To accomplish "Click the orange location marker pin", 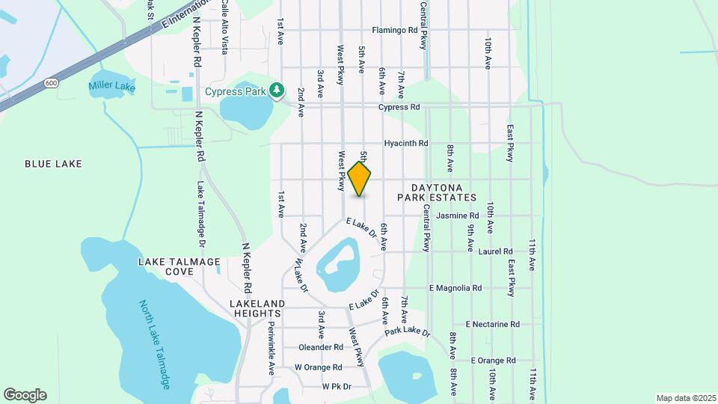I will coord(360,178).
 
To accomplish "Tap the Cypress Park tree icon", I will coord(277,90).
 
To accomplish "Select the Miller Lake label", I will coord(111,87).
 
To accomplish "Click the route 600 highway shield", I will coord(50,82).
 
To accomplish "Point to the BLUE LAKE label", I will coord(53,163).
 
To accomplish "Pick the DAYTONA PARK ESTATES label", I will coord(444,192).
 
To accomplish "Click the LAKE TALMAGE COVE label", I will coord(179,266).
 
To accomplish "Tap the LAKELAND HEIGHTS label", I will coord(258,308).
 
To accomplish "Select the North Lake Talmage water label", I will coord(156,345).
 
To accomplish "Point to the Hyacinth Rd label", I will coord(405,143).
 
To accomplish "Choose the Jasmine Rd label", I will coord(457,215).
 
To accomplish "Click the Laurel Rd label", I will coord(495,251).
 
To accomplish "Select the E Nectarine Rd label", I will coord(492,324).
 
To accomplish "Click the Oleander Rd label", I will coord(320,347).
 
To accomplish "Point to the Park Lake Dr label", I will coord(408,331).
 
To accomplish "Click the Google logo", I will coord(25,395).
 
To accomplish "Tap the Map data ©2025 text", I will coord(685,398).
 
